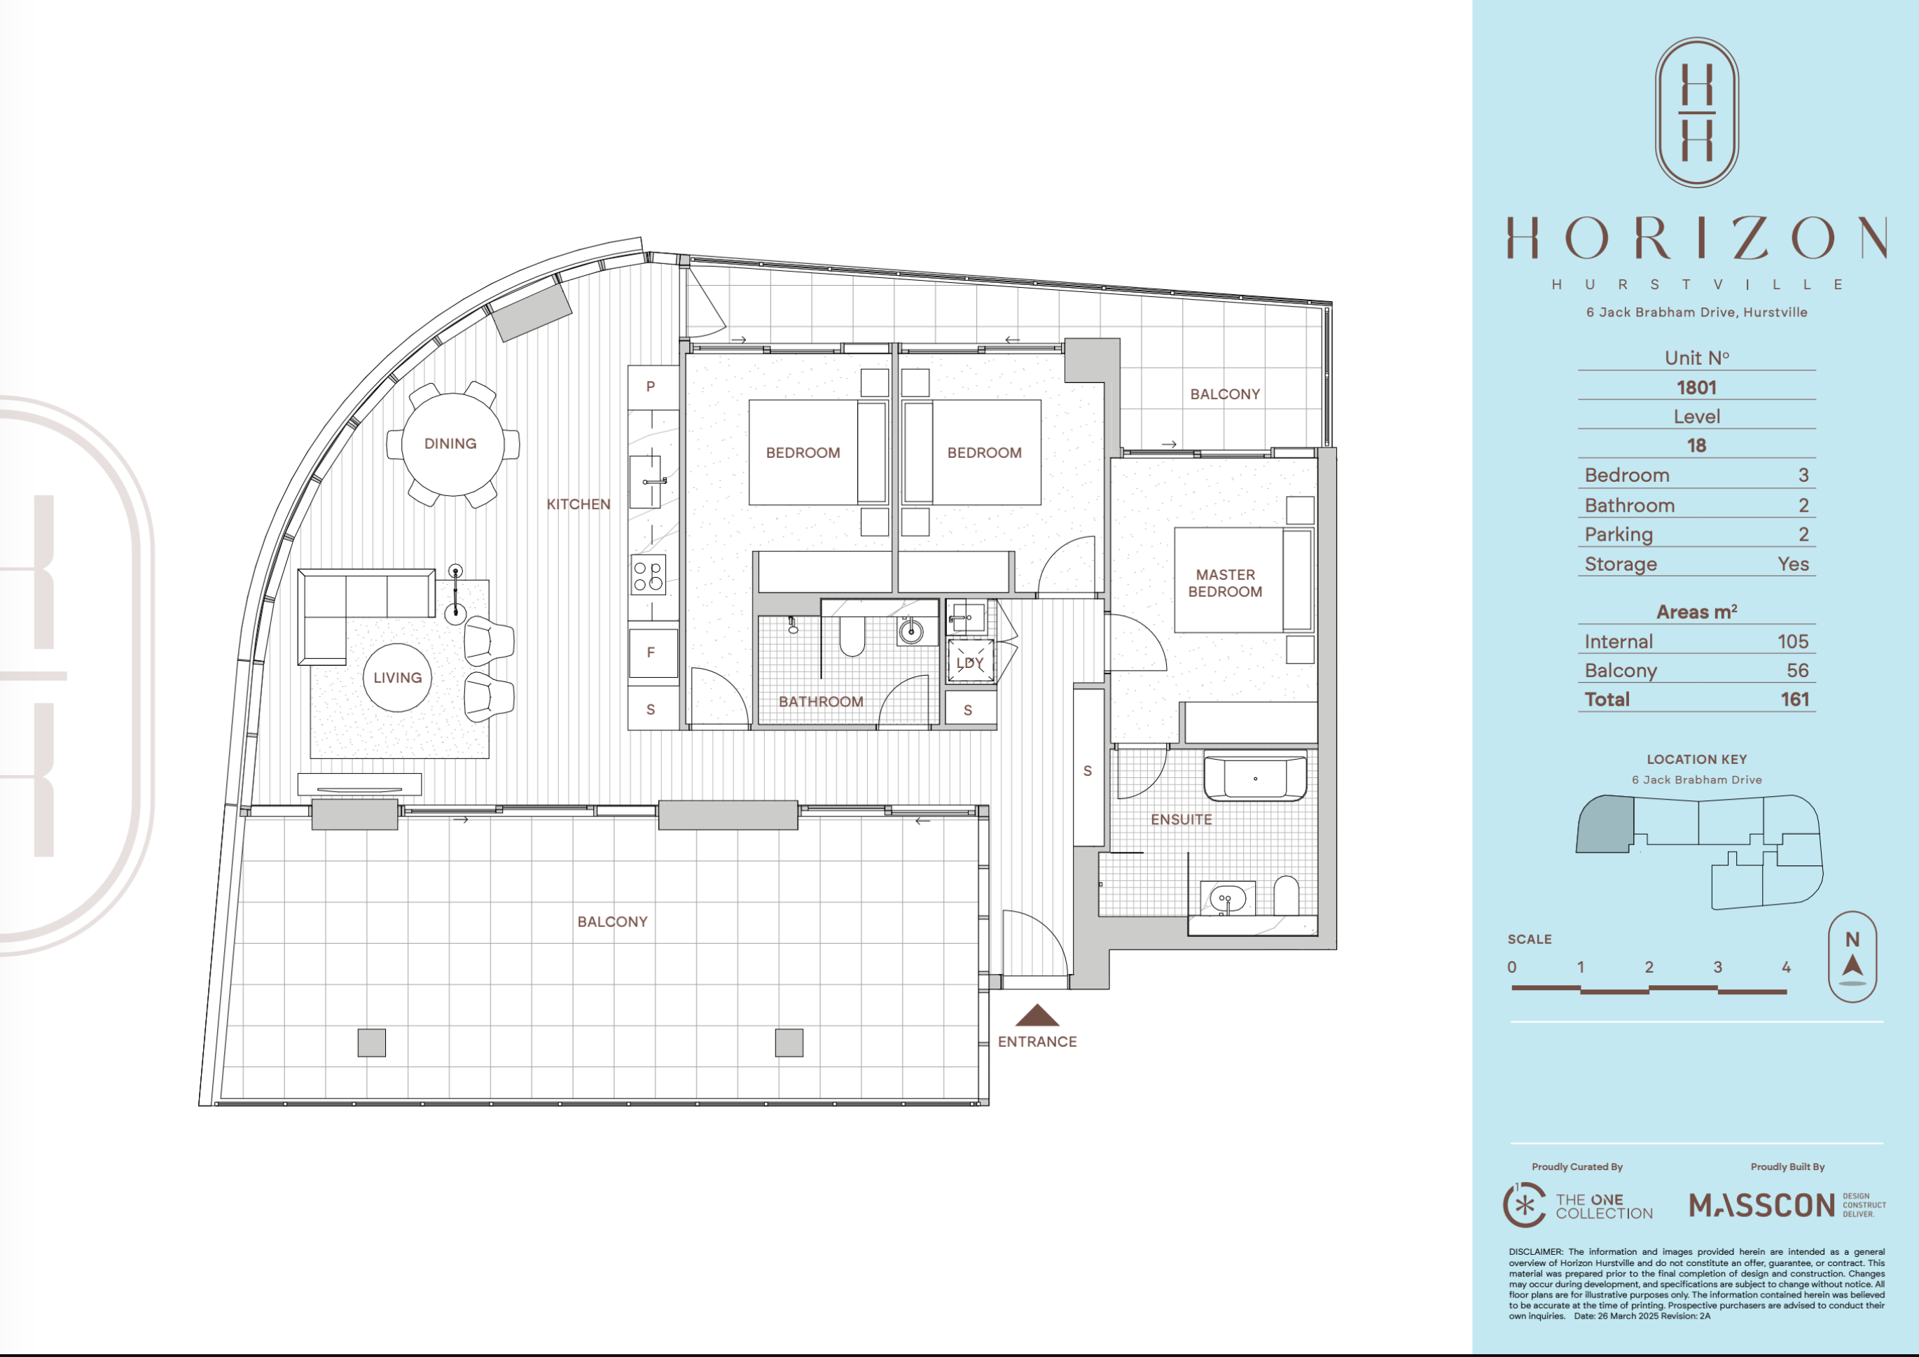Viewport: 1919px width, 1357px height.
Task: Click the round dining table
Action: (x=452, y=444)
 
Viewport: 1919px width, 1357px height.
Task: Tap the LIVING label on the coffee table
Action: (x=398, y=678)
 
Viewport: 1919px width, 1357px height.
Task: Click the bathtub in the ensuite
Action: (x=1254, y=778)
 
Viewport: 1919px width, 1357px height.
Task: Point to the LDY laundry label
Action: (x=971, y=662)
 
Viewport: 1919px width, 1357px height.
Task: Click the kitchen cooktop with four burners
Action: (x=649, y=575)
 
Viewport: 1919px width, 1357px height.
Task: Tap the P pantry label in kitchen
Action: (x=650, y=387)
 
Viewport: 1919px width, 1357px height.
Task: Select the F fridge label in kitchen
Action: (x=650, y=653)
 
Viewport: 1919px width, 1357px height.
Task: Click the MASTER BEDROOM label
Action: (x=1225, y=583)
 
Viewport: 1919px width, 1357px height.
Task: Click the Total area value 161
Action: (x=1794, y=700)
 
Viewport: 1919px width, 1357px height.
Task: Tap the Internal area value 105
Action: (x=1793, y=641)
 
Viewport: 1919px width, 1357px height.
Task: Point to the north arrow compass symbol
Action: (x=1853, y=956)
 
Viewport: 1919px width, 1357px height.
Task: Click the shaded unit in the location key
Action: (x=1603, y=824)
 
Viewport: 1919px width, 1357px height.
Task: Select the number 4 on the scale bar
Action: (x=1786, y=967)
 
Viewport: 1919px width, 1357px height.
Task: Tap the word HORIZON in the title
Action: (x=1697, y=238)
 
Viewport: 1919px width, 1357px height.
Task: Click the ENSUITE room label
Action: (x=1181, y=820)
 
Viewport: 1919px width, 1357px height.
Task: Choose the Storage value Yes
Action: (x=1793, y=564)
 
